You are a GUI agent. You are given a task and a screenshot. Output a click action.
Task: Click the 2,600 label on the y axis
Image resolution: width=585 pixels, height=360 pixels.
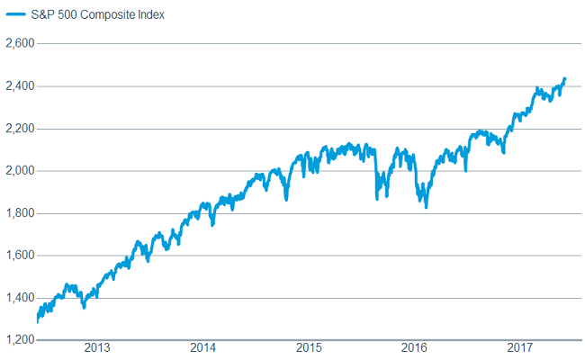click(19, 42)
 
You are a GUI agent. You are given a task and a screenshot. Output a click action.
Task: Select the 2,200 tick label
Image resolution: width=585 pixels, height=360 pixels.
click(19, 128)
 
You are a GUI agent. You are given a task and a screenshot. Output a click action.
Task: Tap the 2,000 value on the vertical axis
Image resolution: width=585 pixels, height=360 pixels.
click(19, 170)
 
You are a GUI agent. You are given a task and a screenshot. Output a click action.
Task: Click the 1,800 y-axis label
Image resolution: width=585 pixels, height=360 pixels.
click(19, 212)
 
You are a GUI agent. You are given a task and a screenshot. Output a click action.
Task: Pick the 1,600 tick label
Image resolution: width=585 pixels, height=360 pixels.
click(19, 255)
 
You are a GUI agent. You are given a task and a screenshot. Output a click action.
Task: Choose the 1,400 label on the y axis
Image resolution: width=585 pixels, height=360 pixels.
click(19, 298)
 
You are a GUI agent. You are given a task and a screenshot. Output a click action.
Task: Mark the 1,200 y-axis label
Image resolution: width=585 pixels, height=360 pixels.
click(19, 340)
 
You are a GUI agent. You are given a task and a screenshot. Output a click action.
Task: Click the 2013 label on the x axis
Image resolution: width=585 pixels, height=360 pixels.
click(97, 346)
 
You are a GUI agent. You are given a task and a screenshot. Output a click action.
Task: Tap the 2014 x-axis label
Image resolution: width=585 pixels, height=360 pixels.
click(203, 346)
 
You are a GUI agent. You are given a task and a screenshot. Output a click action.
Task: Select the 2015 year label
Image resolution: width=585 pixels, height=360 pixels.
click(309, 346)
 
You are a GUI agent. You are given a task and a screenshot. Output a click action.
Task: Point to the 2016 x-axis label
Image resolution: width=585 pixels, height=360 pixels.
click(414, 346)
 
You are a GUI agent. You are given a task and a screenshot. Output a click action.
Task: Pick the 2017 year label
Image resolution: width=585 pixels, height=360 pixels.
click(519, 346)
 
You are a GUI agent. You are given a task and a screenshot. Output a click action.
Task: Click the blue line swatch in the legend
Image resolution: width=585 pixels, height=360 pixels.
click(15, 15)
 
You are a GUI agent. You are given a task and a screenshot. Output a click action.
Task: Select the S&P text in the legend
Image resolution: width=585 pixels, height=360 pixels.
click(43, 15)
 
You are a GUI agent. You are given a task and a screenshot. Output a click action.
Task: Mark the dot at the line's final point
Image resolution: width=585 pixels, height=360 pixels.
click(564, 79)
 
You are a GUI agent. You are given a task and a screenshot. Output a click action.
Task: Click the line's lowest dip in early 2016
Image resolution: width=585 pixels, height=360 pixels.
click(426, 207)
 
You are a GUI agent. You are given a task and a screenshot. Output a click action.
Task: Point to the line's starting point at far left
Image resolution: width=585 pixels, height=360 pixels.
click(38, 320)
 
